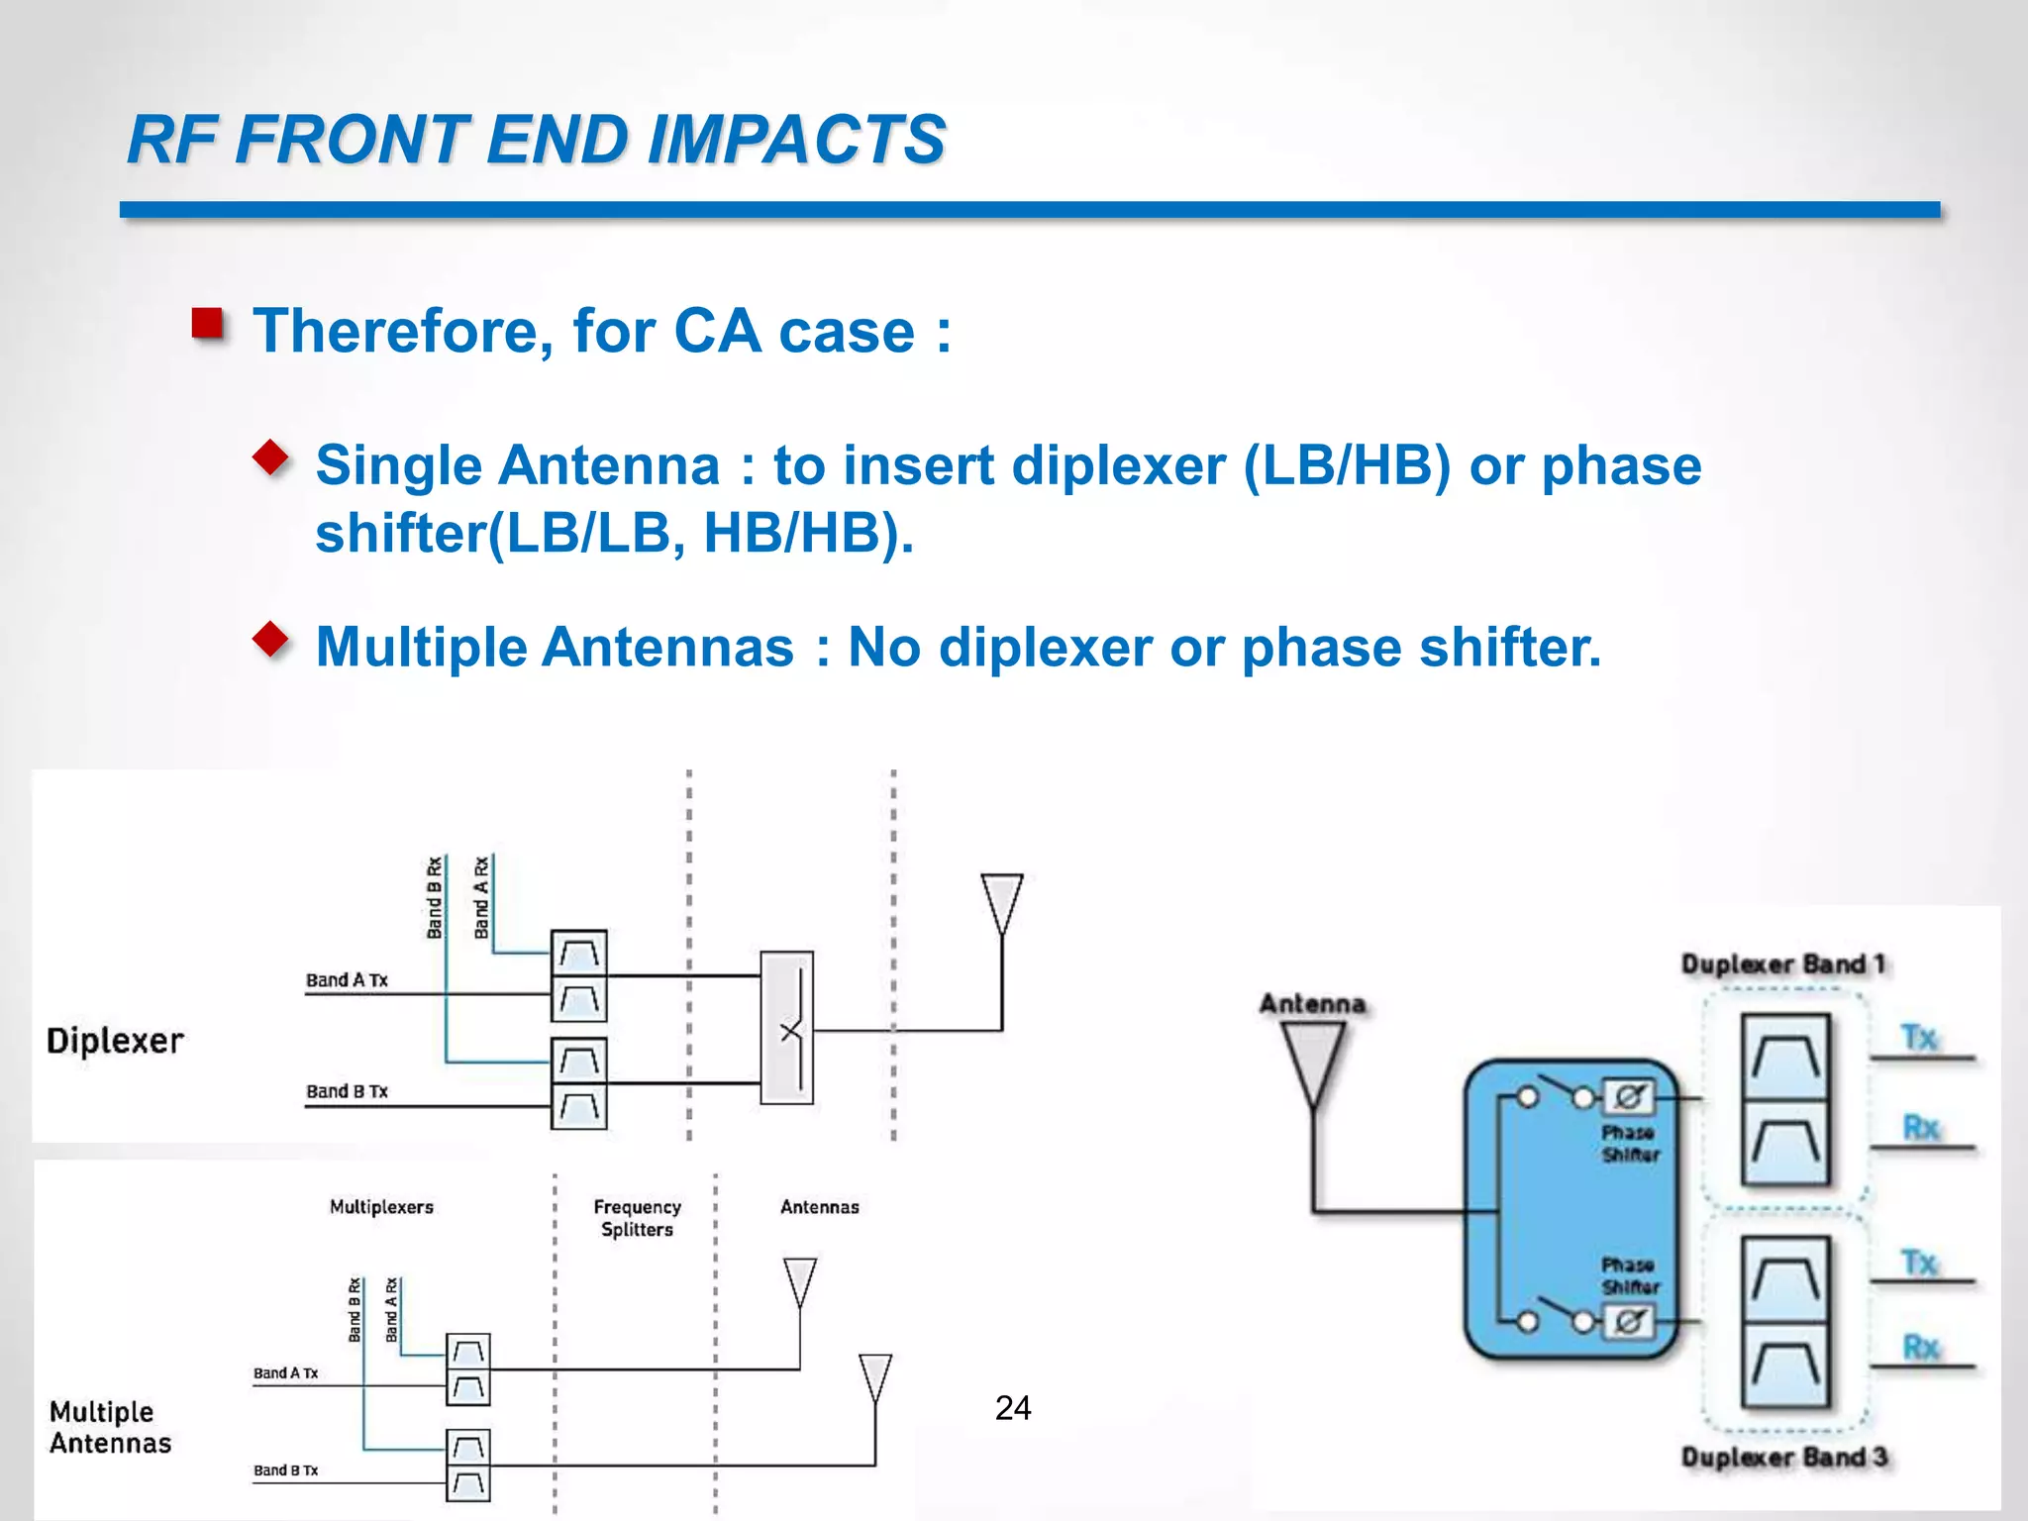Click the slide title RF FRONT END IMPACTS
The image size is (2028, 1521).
pos(537,139)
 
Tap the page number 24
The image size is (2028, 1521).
pos(1013,1407)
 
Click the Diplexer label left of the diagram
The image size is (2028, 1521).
pos(115,1041)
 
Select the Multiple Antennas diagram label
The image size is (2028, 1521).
pos(110,1427)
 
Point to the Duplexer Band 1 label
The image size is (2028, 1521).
pos(1784,963)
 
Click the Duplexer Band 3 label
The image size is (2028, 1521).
pos(1784,1457)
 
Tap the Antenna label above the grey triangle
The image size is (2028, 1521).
pos(1312,1004)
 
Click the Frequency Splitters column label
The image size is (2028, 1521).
pos(637,1218)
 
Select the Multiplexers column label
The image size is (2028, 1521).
pos(381,1207)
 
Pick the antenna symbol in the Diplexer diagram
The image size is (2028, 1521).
pos(1001,901)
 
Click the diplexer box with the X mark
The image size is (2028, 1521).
pos(787,1028)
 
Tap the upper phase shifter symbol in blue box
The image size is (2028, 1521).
pos(1629,1097)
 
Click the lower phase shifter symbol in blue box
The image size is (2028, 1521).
pos(1629,1321)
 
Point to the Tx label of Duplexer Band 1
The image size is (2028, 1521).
pos(1919,1037)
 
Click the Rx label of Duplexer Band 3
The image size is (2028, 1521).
pos(1921,1347)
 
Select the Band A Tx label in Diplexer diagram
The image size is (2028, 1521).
pos(347,980)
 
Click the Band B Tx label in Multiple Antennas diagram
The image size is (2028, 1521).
pos(285,1470)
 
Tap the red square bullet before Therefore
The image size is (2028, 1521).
pos(208,325)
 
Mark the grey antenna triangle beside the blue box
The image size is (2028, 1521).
pos(1313,1062)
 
